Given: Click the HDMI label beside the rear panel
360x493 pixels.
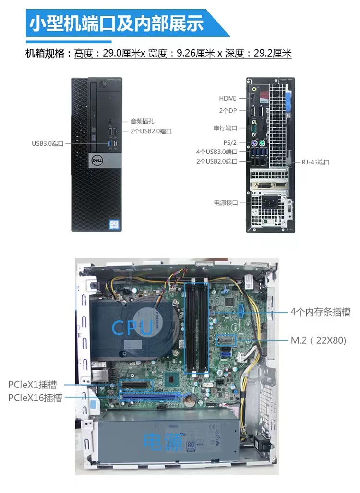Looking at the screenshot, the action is (227, 98).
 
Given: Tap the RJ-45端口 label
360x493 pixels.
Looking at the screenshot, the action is (316, 162).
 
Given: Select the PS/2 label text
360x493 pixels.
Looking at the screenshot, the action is (230, 142).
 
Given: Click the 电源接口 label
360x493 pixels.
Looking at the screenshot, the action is (226, 203).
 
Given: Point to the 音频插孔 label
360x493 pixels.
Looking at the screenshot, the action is (142, 121).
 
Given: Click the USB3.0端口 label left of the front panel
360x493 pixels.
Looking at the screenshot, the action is (48, 144).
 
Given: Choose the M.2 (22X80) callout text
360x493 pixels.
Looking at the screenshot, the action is (318, 340).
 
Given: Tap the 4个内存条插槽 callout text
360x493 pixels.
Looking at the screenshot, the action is (320, 312).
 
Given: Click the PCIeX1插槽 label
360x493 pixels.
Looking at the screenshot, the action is (33, 385).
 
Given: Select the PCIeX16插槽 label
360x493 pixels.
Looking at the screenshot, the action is (35, 398).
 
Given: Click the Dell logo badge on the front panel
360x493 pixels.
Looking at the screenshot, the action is (96, 160).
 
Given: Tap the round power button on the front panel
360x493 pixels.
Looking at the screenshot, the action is (103, 84).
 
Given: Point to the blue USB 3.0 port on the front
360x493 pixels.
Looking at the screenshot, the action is (110, 143).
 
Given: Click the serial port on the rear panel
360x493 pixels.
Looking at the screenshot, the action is (254, 129).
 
